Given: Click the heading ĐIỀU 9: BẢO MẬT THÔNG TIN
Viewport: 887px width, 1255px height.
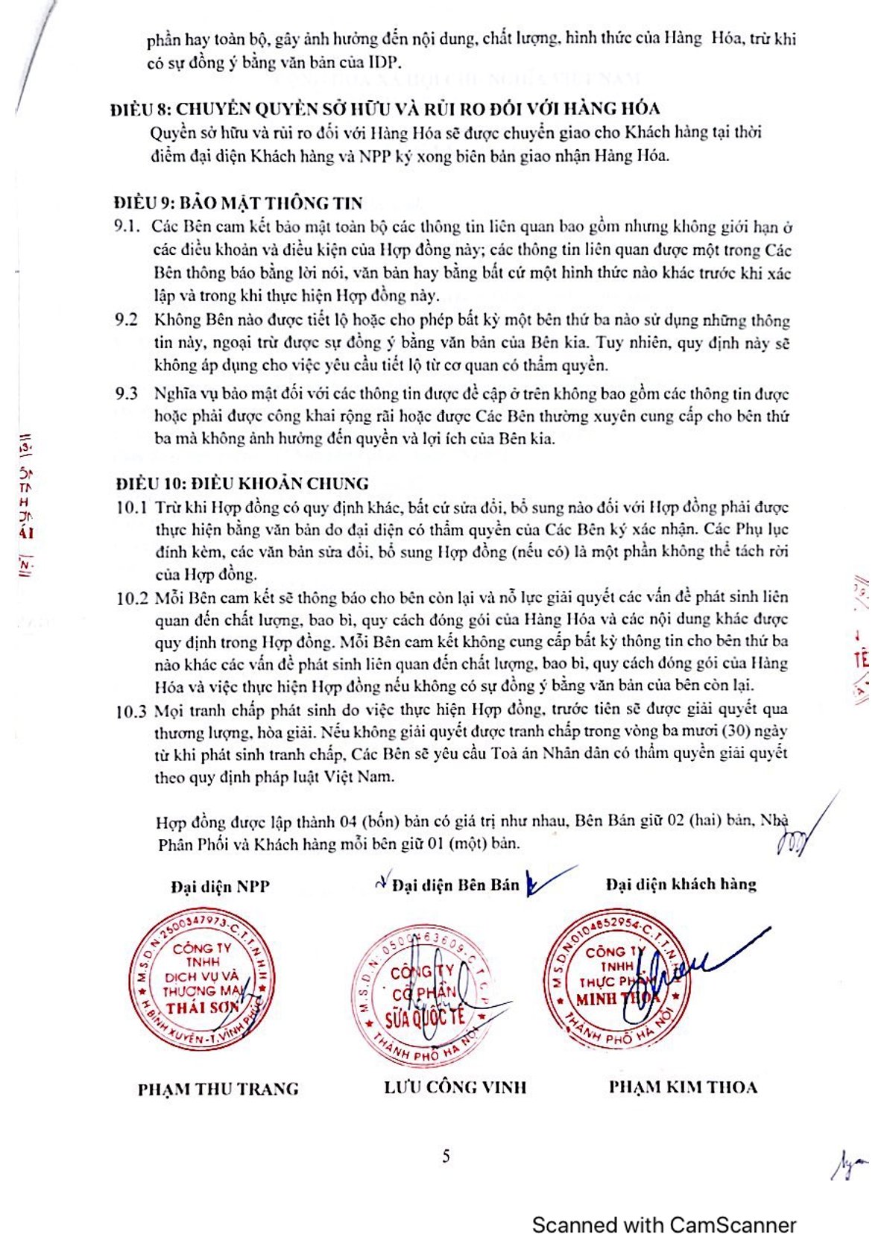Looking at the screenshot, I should pyautogui.click(x=239, y=203).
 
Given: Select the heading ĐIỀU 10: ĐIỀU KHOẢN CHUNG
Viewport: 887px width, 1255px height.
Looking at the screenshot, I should pyautogui.click(x=242, y=484).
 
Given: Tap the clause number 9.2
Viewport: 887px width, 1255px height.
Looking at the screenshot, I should pyautogui.click(x=127, y=320).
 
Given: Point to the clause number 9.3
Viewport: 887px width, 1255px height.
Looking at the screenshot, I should pyautogui.click(x=127, y=393).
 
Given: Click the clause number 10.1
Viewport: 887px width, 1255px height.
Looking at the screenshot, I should pyautogui.click(x=131, y=508).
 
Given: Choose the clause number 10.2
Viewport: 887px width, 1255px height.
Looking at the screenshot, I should pyautogui.click(x=132, y=598).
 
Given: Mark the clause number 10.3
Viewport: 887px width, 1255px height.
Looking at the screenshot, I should pyautogui.click(x=132, y=711).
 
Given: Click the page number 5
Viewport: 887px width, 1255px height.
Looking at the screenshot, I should pyautogui.click(x=446, y=1156).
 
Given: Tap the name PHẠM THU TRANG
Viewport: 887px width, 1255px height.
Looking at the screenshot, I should pyautogui.click(x=218, y=1089).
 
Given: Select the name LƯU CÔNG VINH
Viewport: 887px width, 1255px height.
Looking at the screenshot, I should pyautogui.click(x=455, y=1087).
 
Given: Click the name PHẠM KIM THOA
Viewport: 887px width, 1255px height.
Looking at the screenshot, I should pyautogui.click(x=683, y=1087).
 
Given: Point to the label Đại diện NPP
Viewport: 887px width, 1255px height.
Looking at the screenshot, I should pyautogui.click(x=220, y=886).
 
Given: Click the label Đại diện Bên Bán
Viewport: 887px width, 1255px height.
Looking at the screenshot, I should pyautogui.click(x=455, y=885).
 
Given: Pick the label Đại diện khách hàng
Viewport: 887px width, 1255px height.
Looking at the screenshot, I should pyautogui.click(x=681, y=884).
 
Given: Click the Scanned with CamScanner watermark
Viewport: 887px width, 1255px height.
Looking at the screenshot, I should pyautogui.click(x=664, y=1224).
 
